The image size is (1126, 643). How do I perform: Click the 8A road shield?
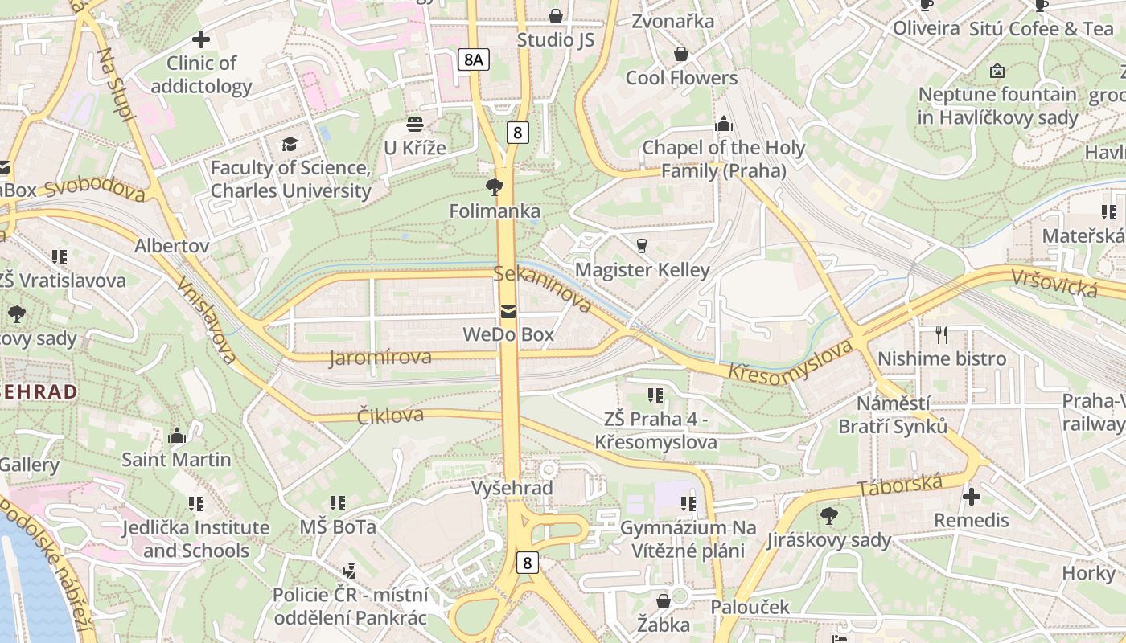coord(473,59)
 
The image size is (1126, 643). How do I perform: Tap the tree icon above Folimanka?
coord(494,187)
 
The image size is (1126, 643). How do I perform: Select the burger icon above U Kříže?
coord(415,125)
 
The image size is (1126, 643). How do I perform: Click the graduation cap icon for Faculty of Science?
coord(290,144)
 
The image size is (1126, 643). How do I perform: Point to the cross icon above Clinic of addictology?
coord(201,39)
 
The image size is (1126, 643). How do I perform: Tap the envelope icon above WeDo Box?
coord(508,311)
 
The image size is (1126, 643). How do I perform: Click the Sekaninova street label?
coord(543,289)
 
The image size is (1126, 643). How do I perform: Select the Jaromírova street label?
coord(380,357)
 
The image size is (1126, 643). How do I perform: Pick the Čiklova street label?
coord(390,416)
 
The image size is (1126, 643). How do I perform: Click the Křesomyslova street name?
coord(790,362)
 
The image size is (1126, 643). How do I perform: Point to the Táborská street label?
coord(899,485)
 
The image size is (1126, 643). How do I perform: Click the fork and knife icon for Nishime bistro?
coord(942,334)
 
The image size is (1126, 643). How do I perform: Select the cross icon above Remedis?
coord(972,497)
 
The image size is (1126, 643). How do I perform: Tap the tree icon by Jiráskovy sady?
coord(829,516)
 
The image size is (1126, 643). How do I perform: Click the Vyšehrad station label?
coord(512,488)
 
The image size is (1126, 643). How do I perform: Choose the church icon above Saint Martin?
coord(176,436)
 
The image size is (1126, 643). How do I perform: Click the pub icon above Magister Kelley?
coord(642,245)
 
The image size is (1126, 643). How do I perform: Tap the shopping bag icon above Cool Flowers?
coord(681,54)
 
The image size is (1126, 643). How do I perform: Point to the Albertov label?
coord(172,245)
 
